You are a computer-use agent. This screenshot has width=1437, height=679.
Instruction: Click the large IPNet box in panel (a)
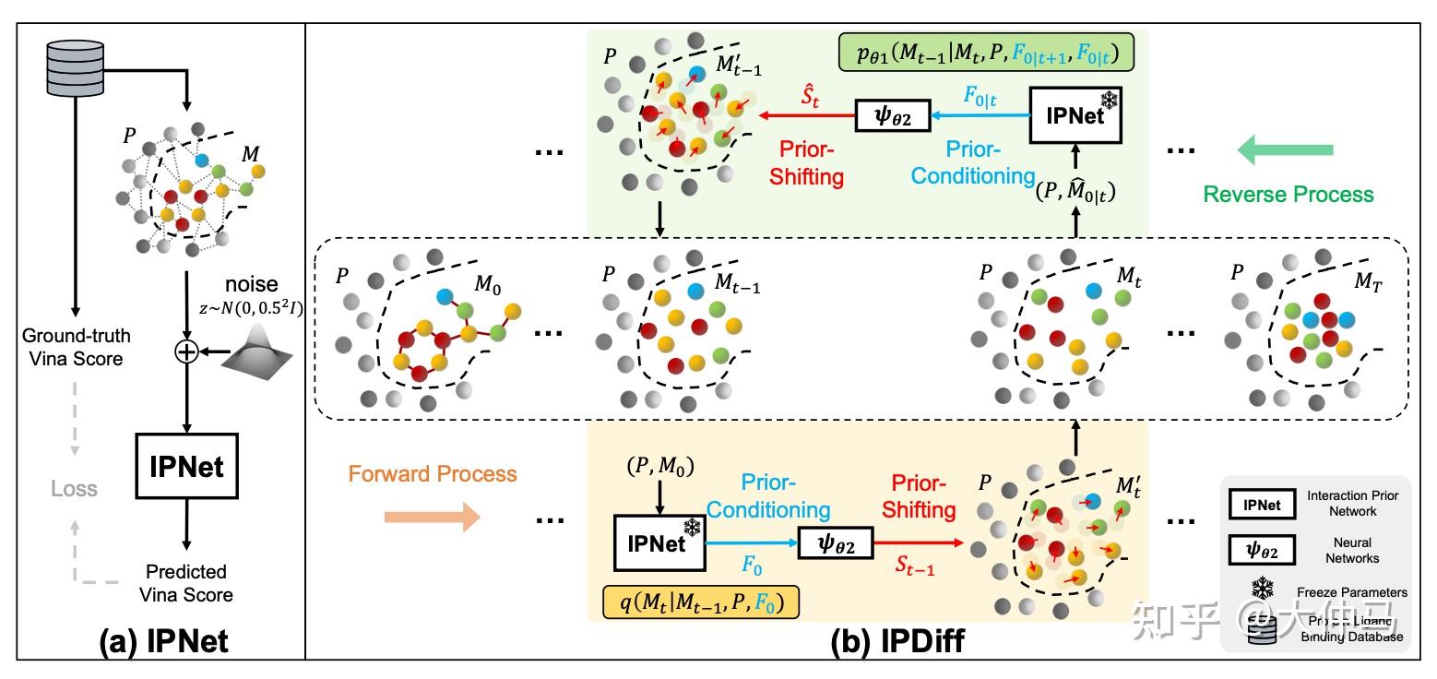[186, 467]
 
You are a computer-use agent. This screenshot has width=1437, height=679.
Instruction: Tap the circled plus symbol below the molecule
[186, 351]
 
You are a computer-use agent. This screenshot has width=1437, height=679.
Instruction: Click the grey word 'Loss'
[74, 489]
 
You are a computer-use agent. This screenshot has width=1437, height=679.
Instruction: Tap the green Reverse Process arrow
[1286, 149]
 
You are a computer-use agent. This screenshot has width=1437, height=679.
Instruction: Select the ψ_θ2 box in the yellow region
[837, 544]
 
